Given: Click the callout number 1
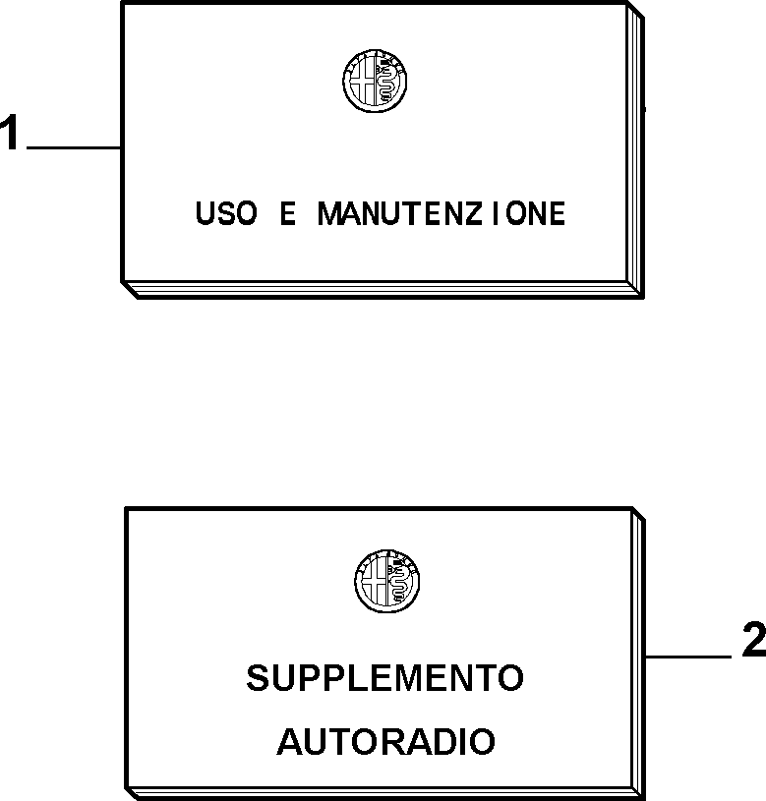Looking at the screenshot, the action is (x=9, y=132).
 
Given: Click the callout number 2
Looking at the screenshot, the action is (x=754, y=639).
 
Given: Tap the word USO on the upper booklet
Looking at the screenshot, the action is (x=226, y=213).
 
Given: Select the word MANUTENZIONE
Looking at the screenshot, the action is (x=442, y=213).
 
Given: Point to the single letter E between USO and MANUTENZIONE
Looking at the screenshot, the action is (x=288, y=213).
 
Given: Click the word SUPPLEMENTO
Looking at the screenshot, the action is (x=384, y=678).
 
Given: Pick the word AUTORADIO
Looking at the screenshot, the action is (x=385, y=741).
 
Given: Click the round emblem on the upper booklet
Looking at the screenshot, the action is (x=375, y=81).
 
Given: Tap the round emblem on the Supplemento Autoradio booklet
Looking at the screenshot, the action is (x=386, y=581).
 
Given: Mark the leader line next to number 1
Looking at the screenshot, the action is (x=74, y=147).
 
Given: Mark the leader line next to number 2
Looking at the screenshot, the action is (x=688, y=657).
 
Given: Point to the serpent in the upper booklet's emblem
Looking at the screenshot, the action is (x=386, y=82).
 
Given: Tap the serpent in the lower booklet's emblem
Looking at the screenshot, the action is (x=398, y=583).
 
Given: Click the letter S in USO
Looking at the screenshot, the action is (x=226, y=213).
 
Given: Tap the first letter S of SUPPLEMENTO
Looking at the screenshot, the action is (x=258, y=678).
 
